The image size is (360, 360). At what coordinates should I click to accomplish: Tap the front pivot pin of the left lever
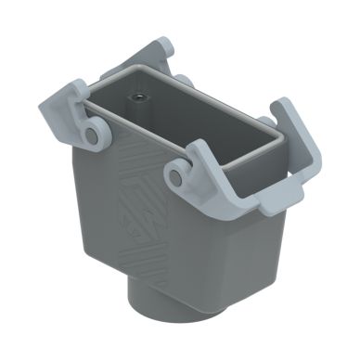point(92,135)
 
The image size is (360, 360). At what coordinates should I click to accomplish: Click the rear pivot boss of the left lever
point(184,83)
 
